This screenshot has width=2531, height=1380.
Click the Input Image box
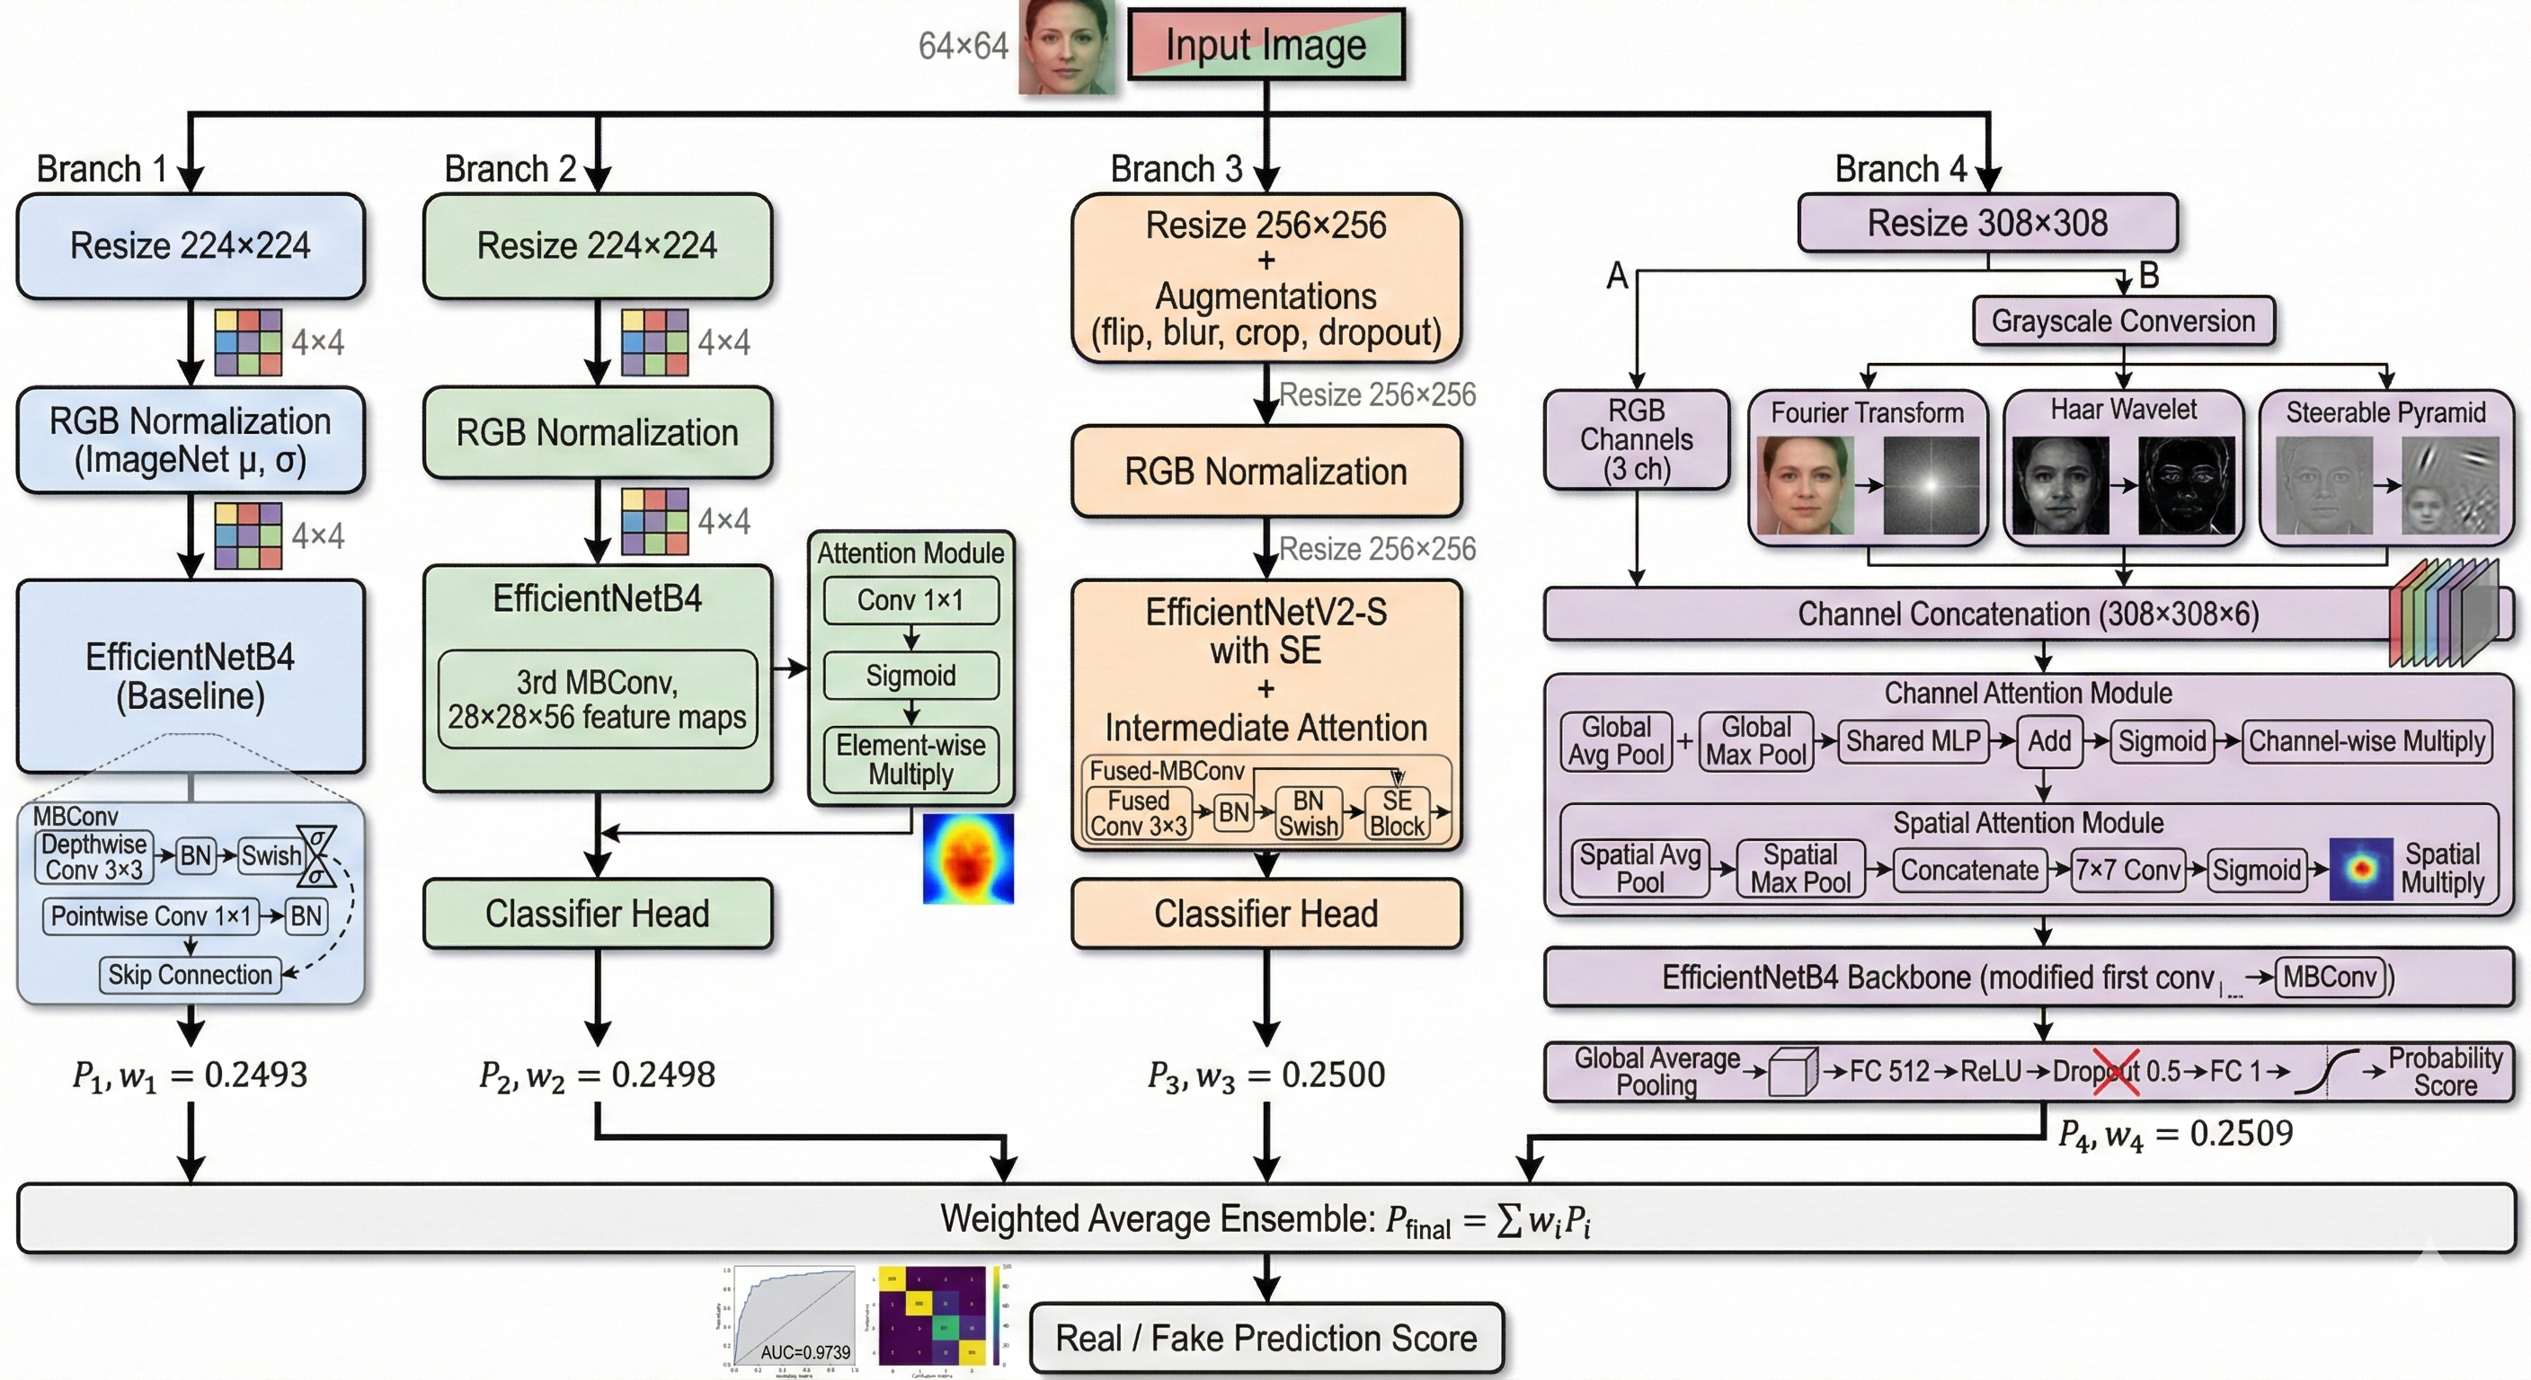pyautogui.click(x=1265, y=45)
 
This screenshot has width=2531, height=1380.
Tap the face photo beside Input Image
pyautogui.click(x=1067, y=47)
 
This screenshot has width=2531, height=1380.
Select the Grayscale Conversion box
pyautogui.click(x=2122, y=321)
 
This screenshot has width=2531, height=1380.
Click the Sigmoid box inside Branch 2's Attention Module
pyautogui.click(x=910, y=676)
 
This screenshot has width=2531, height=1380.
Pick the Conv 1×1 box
pyautogui.click(x=910, y=600)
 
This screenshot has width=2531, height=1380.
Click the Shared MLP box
pyautogui.click(x=1913, y=740)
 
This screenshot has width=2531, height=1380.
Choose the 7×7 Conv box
pyautogui.click(x=2128, y=871)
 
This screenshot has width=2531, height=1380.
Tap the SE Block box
pyautogui.click(x=1396, y=814)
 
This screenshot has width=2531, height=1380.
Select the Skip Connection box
pyautogui.click(x=190, y=976)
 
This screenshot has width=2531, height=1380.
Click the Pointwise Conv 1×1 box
pyautogui.click(x=150, y=916)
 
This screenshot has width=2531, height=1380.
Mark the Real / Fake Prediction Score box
pyautogui.click(x=1265, y=1338)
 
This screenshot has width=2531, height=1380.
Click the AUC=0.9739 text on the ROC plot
pyautogui.click(x=804, y=1352)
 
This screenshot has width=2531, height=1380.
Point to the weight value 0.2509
pyautogui.click(x=2242, y=1134)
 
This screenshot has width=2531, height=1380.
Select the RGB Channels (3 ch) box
pyautogui.click(x=1636, y=440)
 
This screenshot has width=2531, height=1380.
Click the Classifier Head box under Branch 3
pyautogui.click(x=1265, y=914)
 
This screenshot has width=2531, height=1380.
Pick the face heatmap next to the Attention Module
pyautogui.click(x=968, y=858)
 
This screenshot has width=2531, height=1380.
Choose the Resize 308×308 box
pyautogui.click(x=1986, y=223)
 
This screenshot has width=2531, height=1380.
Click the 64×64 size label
pyautogui.click(x=963, y=46)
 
